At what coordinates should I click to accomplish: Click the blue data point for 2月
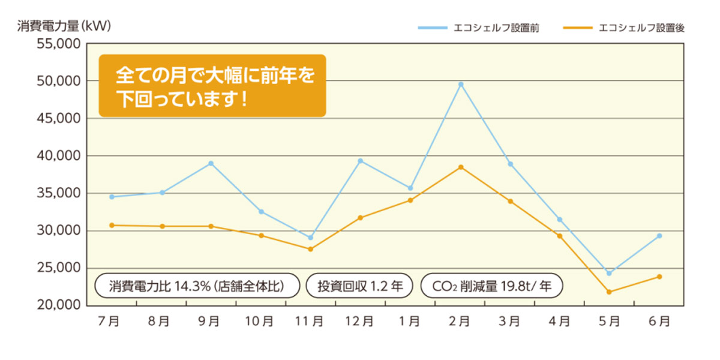(461, 84)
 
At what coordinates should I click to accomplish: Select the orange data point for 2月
(461, 167)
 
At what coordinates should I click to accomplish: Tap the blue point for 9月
(211, 163)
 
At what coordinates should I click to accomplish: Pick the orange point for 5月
(609, 292)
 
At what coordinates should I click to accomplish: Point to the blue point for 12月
(361, 161)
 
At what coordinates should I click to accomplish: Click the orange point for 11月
(311, 249)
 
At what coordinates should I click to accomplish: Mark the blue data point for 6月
(659, 236)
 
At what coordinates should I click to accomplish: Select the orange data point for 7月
(112, 225)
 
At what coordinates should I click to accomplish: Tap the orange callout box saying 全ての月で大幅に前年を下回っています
(212, 86)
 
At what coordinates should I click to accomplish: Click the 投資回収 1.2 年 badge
(360, 286)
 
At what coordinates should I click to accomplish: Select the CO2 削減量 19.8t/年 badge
(491, 286)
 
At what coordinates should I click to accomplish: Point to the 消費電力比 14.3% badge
(197, 286)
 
